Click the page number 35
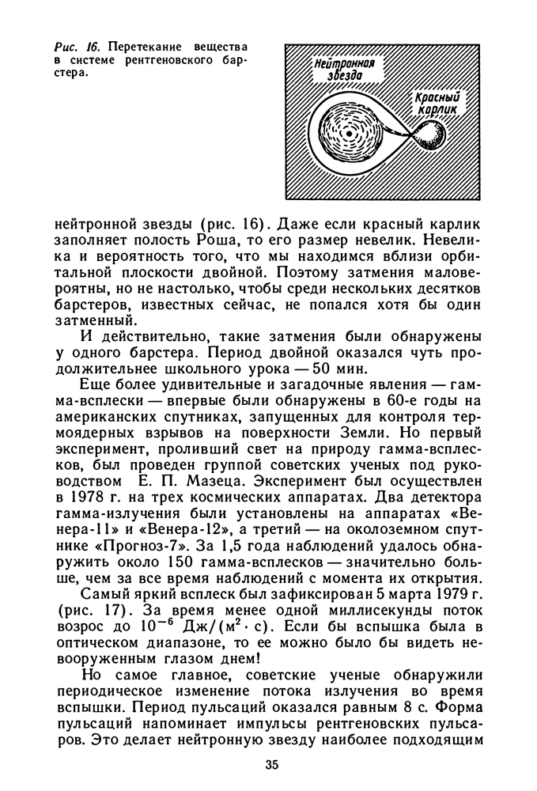point(271,765)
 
